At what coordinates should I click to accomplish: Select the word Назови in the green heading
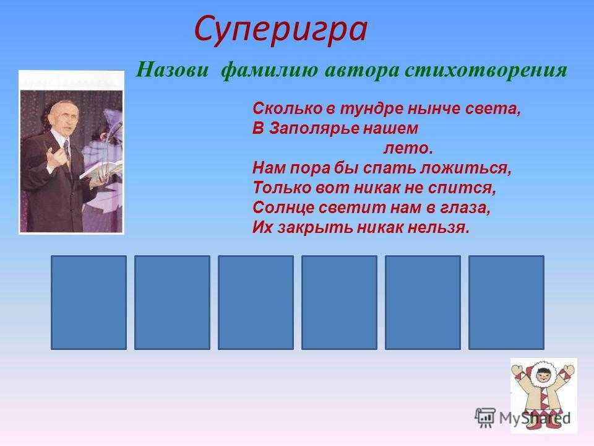pyautogui.click(x=173, y=70)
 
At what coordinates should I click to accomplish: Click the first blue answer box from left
pyautogui.click(x=88, y=302)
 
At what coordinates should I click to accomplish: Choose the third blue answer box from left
pyautogui.click(x=256, y=302)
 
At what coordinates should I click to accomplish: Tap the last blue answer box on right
pyautogui.click(x=507, y=302)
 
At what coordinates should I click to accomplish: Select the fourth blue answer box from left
pyautogui.click(x=340, y=302)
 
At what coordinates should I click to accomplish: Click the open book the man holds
pyautogui.click(x=101, y=169)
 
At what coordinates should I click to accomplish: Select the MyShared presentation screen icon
pyautogui.click(x=485, y=418)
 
